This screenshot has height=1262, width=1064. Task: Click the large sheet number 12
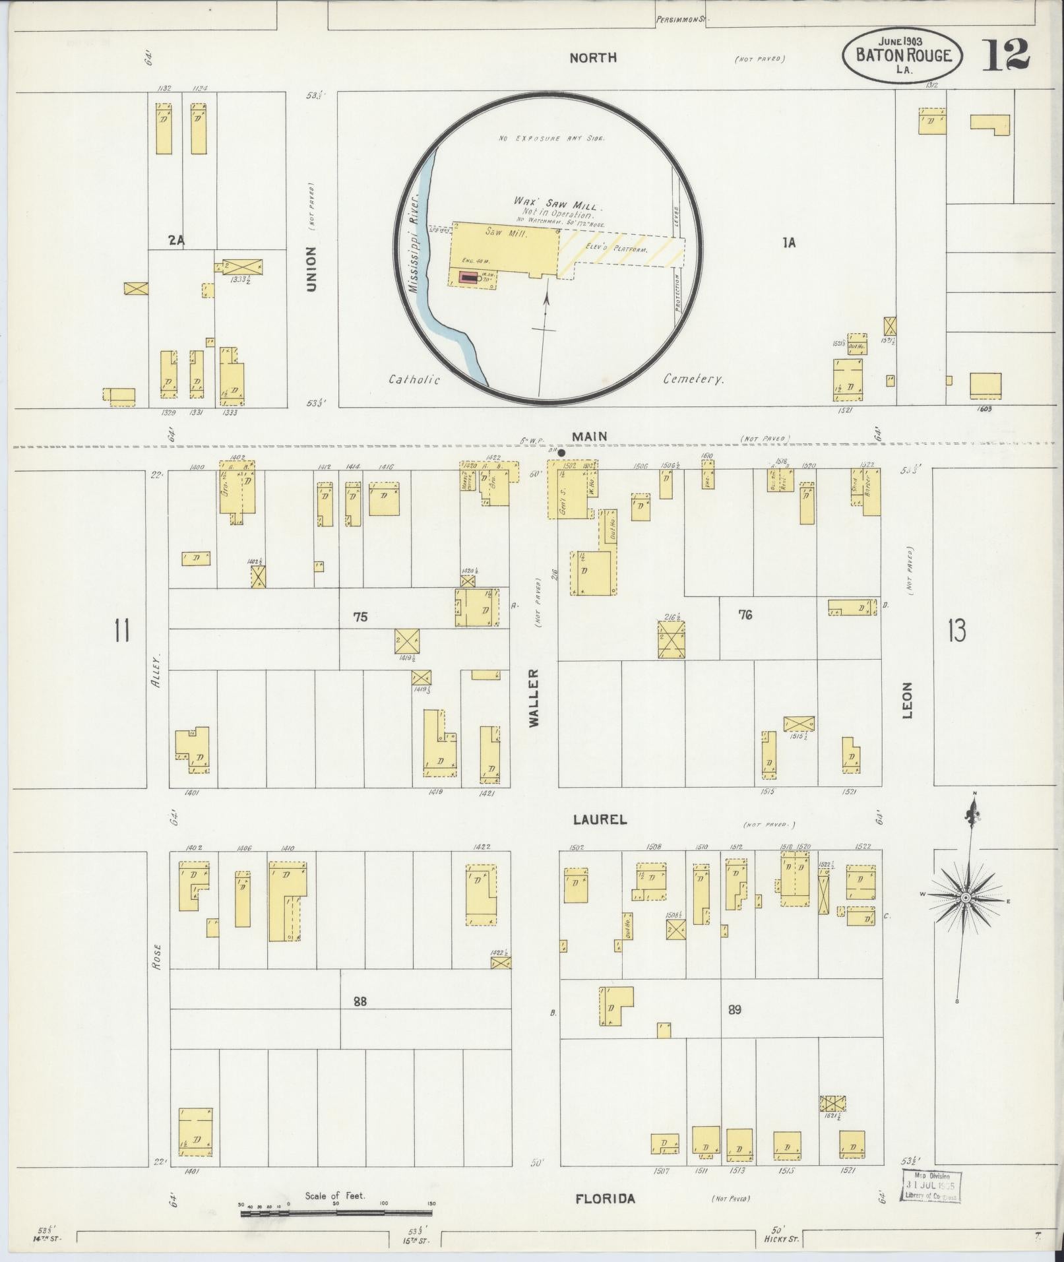tap(1006, 55)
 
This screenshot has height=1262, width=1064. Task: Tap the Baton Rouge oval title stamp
tap(902, 55)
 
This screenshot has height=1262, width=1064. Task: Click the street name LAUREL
tap(599, 820)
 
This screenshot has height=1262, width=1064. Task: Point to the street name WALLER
tap(534, 698)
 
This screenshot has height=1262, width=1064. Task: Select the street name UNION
tap(311, 268)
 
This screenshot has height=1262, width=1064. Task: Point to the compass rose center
tap(965, 899)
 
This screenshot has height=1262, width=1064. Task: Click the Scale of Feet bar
tap(336, 1213)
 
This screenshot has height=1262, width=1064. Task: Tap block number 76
tap(745, 615)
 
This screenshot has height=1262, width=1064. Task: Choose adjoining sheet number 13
tap(956, 631)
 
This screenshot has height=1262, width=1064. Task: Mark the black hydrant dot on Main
tap(561, 453)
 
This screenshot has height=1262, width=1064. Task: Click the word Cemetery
tap(693, 379)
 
